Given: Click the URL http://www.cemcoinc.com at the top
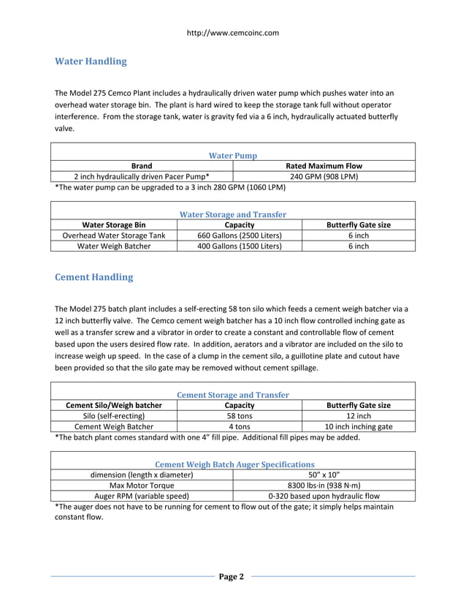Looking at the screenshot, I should [x=233, y=33].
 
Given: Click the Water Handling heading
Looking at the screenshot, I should [x=91, y=61].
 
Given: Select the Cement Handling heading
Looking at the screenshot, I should [x=94, y=278].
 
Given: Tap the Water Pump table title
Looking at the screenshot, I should [x=232, y=156].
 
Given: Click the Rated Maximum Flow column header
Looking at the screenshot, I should [x=324, y=166].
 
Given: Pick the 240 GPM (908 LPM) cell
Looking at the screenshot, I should [x=324, y=176].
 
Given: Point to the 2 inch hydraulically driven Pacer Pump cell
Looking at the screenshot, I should [x=142, y=176].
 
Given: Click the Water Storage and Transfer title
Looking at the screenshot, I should [x=232, y=214].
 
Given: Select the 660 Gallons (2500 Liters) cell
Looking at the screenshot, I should [x=240, y=235].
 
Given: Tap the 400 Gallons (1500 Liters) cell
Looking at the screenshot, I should [x=240, y=246].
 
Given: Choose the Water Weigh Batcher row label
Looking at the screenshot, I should [x=114, y=246].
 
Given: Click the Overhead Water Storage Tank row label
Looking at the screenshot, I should [x=114, y=235].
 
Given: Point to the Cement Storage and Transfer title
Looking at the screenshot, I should [x=233, y=395].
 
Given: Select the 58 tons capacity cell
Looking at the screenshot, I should [x=240, y=416].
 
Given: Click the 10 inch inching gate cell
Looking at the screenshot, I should [x=358, y=427].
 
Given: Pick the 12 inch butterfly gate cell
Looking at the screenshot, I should [x=358, y=416].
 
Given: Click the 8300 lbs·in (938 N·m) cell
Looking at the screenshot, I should [x=324, y=486].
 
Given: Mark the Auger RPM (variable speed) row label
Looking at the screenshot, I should [x=142, y=496].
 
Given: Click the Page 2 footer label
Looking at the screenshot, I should [x=232, y=577].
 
